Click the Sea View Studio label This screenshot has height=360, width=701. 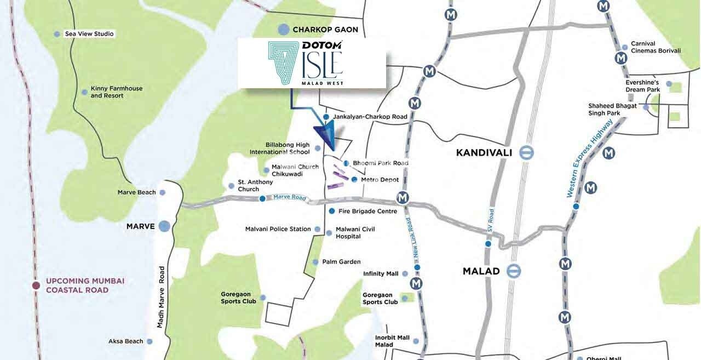click(89, 34)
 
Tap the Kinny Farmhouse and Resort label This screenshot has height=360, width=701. click(116, 92)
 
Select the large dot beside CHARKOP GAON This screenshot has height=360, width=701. click(283, 30)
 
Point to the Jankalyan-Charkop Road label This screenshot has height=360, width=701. click(370, 117)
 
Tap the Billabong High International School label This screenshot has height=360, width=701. click(279, 148)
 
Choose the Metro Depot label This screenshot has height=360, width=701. click(380, 180)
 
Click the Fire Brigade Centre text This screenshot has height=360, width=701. click(367, 211)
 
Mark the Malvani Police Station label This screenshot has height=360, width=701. click(278, 229)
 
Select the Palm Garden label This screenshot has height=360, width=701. click(341, 262)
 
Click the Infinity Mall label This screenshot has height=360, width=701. click(381, 273)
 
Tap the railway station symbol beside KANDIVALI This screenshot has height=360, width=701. click(527, 153)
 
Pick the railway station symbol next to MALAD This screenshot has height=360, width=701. click(514, 271)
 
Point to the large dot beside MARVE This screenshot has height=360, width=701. click(164, 226)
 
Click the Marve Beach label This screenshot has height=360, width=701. click(136, 192)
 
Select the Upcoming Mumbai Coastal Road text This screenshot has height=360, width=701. click(85, 285)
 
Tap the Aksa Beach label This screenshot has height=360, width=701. click(125, 341)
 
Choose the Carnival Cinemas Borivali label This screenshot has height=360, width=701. click(656, 47)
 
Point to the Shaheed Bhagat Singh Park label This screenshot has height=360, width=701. click(612, 110)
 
